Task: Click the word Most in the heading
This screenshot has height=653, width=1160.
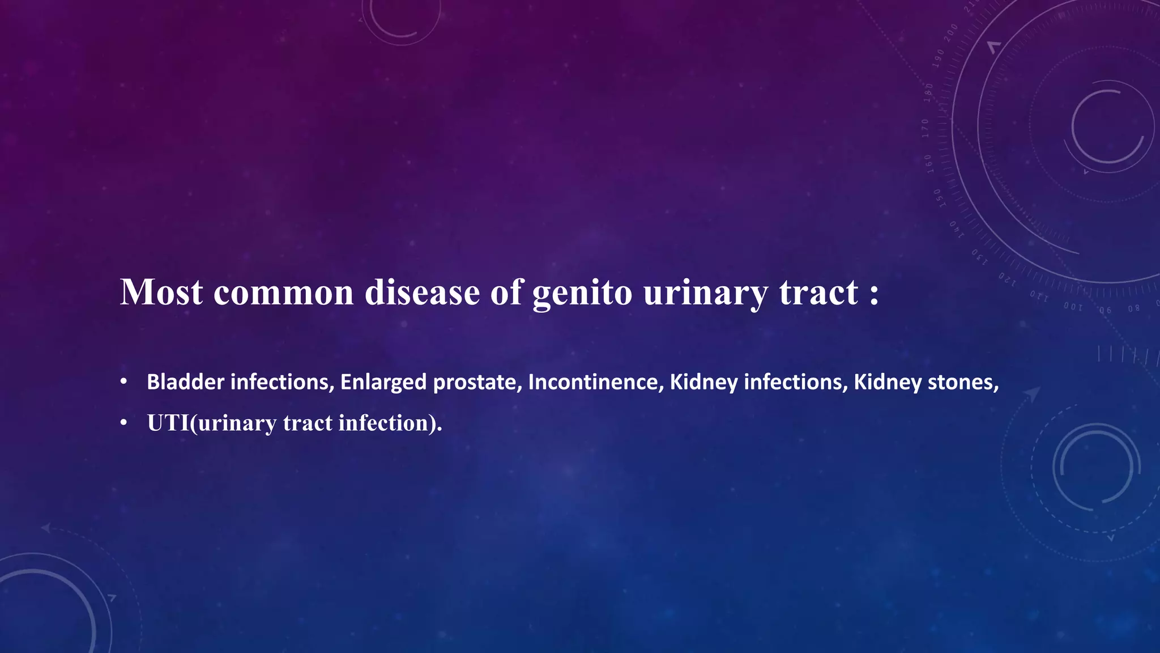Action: click(x=161, y=292)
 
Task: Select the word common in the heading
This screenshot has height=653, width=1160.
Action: click(x=283, y=292)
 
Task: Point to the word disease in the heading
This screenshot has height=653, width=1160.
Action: click(x=422, y=292)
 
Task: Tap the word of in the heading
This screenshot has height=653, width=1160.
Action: click(x=506, y=292)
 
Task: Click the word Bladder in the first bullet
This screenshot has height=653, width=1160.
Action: click(x=185, y=382)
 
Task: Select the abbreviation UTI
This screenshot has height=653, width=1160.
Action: click(x=168, y=423)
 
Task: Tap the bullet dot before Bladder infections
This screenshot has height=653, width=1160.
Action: click(x=123, y=381)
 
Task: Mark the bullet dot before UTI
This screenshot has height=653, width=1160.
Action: click(x=123, y=423)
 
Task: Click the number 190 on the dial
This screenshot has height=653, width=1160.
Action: click(x=939, y=58)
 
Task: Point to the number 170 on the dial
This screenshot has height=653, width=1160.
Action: click(x=925, y=128)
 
